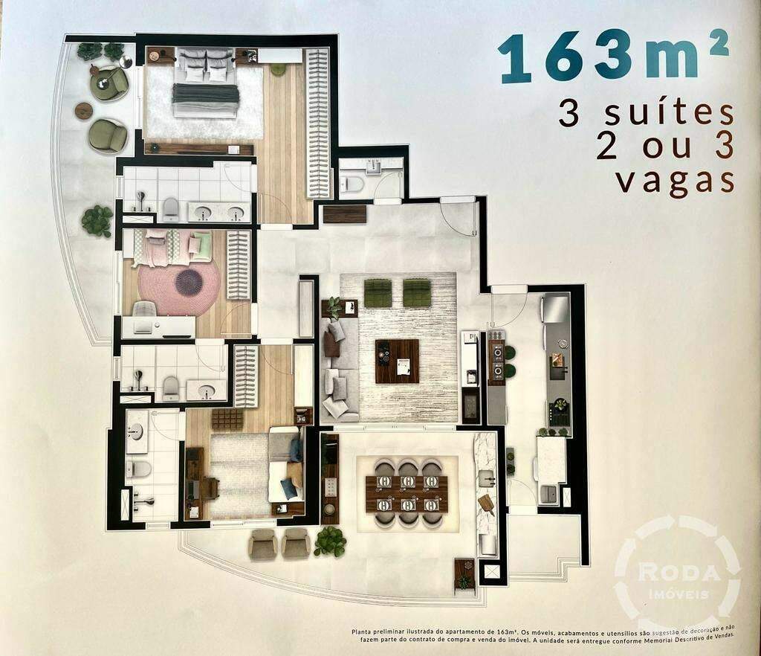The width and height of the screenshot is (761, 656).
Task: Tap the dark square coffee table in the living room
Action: pyautogui.click(x=397, y=361)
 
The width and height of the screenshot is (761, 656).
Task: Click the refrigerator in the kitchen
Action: pyautogui.click(x=554, y=308)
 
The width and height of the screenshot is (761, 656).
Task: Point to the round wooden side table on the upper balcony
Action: pyautogui.click(x=84, y=110)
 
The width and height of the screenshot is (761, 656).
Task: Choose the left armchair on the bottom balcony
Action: pyautogui.click(x=263, y=544)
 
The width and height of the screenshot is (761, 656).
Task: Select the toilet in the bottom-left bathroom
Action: pyautogui.click(x=138, y=469)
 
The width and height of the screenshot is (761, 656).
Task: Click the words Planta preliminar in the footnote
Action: pyautogui.click(x=379, y=632)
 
